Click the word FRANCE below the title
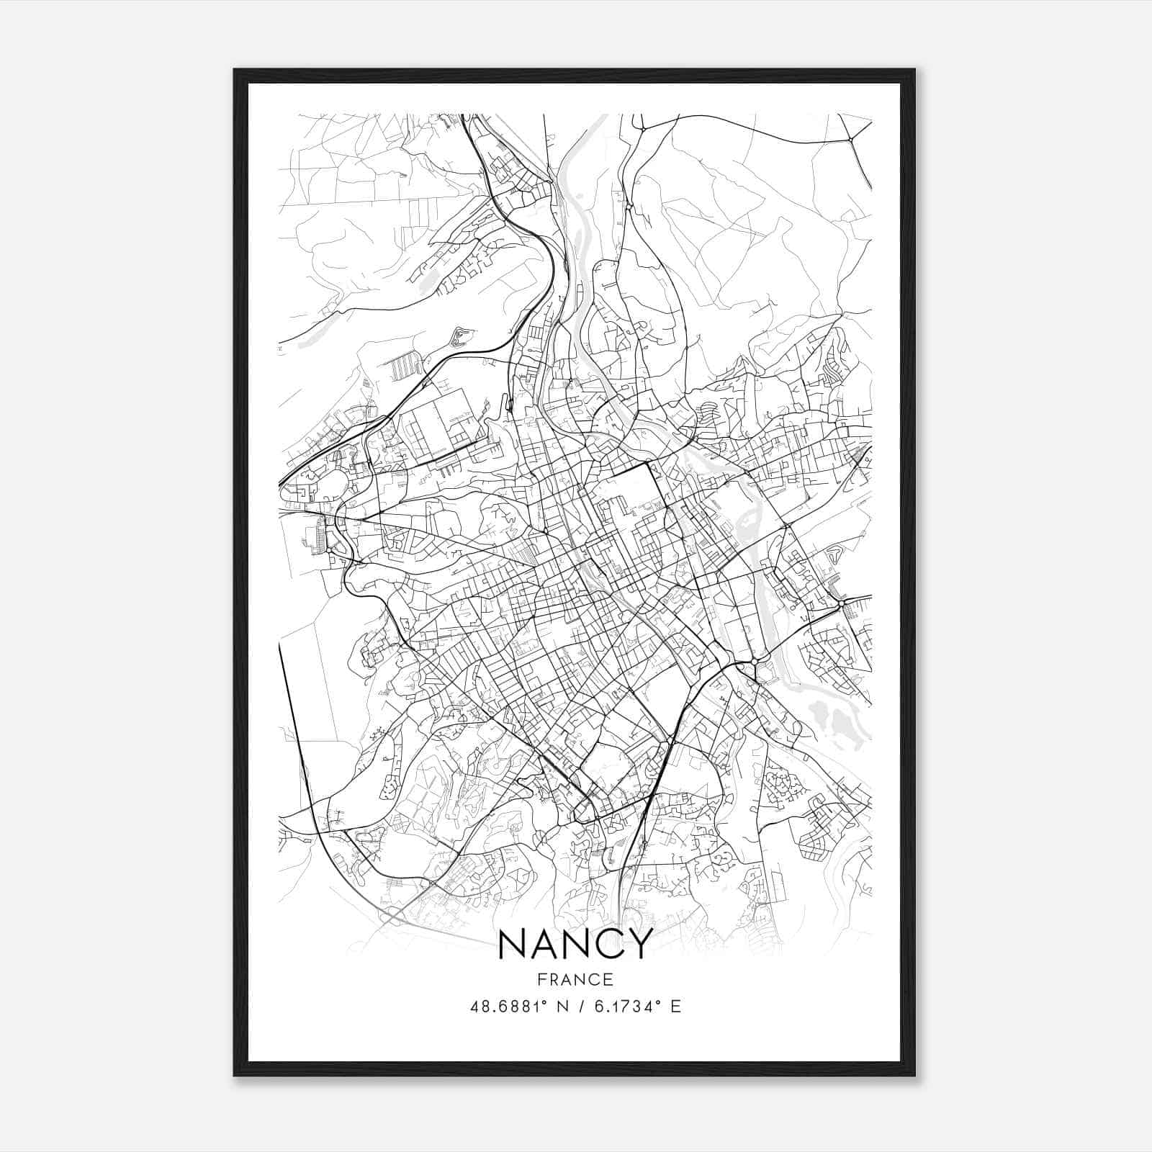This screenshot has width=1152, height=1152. (575, 979)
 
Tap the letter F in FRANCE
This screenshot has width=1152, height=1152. (540, 979)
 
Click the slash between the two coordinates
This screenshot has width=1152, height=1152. (579, 1007)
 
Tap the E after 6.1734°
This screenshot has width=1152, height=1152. (675, 1007)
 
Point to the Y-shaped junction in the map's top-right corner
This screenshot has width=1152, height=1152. (850, 138)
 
